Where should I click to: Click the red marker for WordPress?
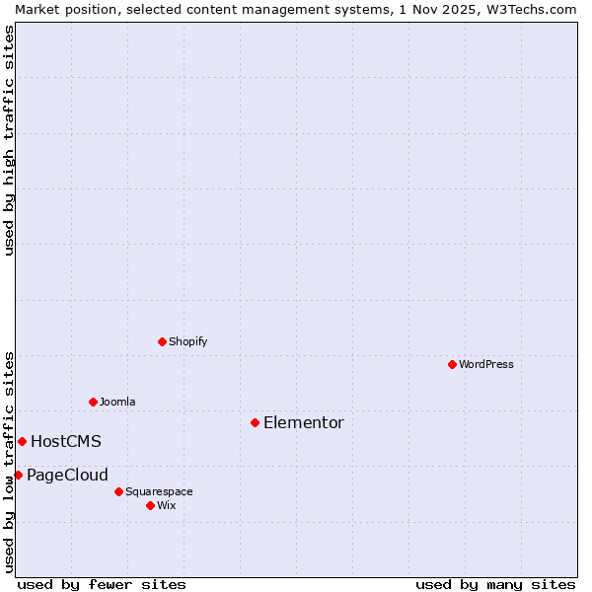click(452, 364)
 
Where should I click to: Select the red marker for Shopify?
click(162, 341)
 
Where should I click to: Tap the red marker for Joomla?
click(93, 402)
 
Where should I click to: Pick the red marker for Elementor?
click(255, 422)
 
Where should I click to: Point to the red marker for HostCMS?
click(22, 441)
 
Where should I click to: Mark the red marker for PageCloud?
click(18, 475)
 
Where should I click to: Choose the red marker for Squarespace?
click(118, 491)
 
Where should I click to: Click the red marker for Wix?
click(150, 505)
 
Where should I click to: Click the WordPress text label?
click(486, 364)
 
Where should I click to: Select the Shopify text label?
click(187, 341)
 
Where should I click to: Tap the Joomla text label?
click(117, 402)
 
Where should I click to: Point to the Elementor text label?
click(304, 422)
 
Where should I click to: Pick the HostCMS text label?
click(66, 441)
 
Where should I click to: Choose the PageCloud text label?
click(67, 475)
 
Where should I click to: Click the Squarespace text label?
click(159, 491)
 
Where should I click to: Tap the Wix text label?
click(167, 505)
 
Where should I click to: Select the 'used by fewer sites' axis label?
click(102, 584)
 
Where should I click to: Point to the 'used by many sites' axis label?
click(495, 584)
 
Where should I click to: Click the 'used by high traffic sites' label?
click(9, 140)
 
